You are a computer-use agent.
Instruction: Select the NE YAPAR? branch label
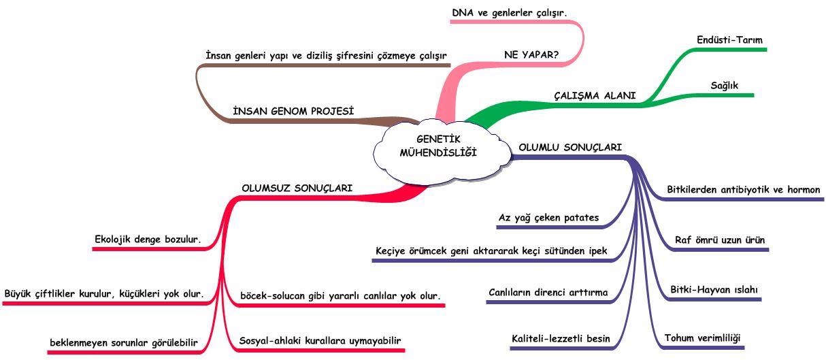tap(531, 55)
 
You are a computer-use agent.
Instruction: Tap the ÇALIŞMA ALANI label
tap(595, 95)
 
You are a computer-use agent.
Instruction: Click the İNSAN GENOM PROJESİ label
tap(293, 111)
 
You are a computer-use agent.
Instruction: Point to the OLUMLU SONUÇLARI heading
tap(570, 148)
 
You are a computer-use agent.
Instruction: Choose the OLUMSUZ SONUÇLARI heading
tap(297, 188)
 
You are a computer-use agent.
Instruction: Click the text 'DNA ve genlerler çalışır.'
tap(509, 13)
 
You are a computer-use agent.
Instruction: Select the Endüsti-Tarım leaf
tap(729, 40)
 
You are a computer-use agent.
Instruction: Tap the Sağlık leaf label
tap(724, 86)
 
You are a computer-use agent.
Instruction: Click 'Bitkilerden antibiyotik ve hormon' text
tap(744, 190)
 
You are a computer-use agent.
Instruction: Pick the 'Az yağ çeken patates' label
tap(548, 218)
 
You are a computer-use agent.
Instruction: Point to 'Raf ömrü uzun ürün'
tap(720, 240)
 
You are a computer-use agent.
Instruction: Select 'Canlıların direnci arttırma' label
tap(548, 293)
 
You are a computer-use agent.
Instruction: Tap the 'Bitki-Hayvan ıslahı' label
tap(714, 289)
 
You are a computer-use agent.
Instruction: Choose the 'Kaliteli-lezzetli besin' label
tap(561, 339)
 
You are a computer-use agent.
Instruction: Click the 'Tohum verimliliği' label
tap(702, 338)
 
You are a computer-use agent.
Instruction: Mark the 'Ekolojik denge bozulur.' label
tap(148, 240)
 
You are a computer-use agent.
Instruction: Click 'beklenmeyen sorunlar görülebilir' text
tap(124, 343)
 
